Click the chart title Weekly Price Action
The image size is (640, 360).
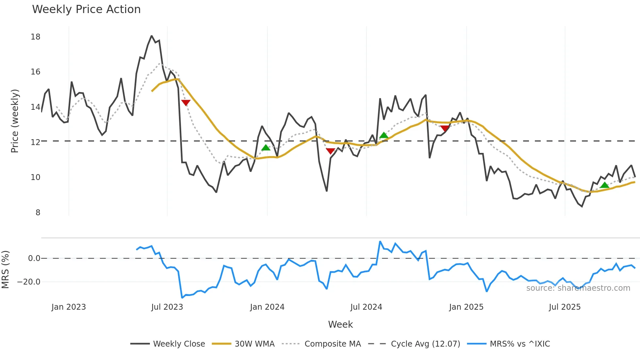point(86,9)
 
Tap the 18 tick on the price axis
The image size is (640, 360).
point(36,37)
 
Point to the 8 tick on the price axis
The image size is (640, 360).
point(38,213)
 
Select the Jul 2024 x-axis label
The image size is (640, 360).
point(366,307)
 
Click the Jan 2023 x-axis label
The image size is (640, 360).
point(69,307)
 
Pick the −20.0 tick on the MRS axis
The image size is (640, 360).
point(29,282)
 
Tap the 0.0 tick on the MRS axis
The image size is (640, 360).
point(34,258)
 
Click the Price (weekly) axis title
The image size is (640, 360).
point(15,121)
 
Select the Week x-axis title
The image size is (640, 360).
point(340,324)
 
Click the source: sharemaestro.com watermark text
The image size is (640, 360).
point(578,288)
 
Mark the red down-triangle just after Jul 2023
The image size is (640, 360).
point(186,103)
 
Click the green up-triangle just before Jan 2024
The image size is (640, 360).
point(266,148)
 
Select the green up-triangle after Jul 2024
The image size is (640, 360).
point(384,135)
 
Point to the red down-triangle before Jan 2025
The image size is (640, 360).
point(445,128)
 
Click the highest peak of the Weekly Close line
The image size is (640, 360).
point(152,36)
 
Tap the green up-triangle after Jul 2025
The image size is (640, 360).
point(604,185)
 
